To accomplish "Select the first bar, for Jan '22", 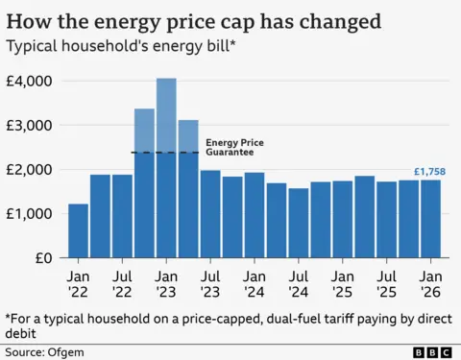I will [x=78, y=231].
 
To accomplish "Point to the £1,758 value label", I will [x=429, y=172].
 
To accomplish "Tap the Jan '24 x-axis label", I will [x=255, y=279].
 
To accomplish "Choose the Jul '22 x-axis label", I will [x=122, y=279].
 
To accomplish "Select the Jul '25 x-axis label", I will [x=387, y=279].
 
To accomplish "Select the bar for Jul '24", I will [x=299, y=223].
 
